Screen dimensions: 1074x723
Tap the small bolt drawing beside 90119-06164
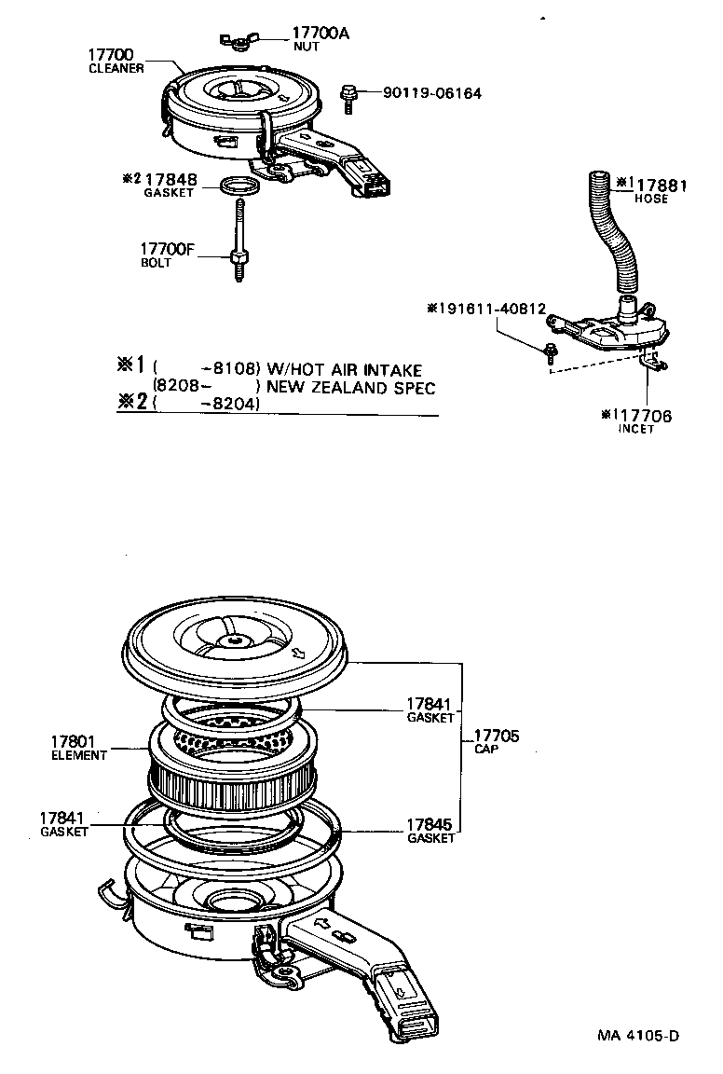point(349,95)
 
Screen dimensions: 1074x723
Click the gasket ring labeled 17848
point(240,186)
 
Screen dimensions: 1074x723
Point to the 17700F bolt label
point(167,249)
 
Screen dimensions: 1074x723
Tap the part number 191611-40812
point(490,308)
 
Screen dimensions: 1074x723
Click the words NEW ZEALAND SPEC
point(350,387)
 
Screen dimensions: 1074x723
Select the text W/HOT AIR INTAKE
point(345,370)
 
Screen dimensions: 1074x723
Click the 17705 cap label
point(497,737)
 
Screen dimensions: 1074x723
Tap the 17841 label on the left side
point(62,818)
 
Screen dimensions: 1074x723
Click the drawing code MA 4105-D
point(638,1036)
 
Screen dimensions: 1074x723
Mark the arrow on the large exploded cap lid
point(300,654)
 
